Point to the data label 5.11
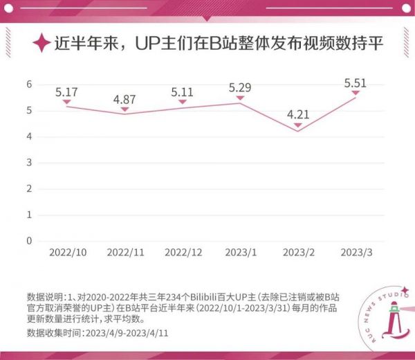(x=183, y=91)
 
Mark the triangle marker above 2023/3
(x=356, y=93)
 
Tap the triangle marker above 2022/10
(x=66, y=102)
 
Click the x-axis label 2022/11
(x=124, y=254)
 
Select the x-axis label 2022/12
(x=183, y=254)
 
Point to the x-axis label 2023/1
(x=240, y=254)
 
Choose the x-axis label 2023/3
(x=356, y=254)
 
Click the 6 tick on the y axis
(x=29, y=84)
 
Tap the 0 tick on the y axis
(x=29, y=241)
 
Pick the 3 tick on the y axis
(x=29, y=162)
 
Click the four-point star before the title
(x=42, y=44)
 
